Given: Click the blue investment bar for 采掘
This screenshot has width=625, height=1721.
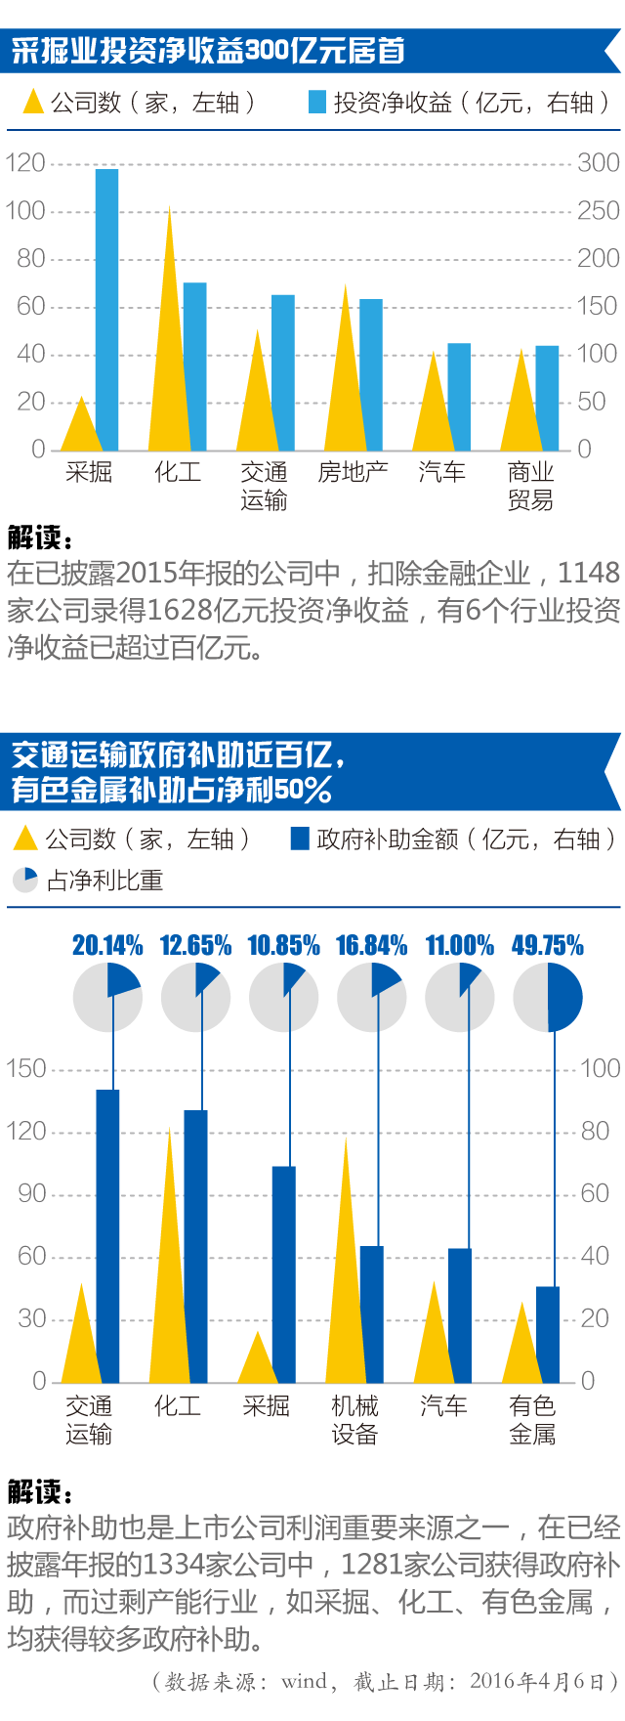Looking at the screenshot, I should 106,309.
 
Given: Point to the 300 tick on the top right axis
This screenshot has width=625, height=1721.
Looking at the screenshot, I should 598,163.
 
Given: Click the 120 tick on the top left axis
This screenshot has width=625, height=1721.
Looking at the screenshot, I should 25,163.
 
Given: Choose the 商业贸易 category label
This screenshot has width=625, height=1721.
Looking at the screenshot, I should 530,486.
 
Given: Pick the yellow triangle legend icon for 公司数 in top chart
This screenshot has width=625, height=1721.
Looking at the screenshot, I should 33,102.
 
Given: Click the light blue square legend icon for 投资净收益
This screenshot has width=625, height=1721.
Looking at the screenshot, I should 317,102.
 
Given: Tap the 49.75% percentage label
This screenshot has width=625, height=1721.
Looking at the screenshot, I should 547,945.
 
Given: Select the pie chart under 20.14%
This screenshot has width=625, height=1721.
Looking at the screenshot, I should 107,998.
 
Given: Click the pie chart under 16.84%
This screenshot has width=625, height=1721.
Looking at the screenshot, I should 371,998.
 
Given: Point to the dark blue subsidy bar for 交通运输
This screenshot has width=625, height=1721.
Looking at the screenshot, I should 107,1235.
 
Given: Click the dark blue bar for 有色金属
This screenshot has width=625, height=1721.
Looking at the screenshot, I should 548,1334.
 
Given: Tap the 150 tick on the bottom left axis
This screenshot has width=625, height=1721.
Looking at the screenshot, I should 26,1069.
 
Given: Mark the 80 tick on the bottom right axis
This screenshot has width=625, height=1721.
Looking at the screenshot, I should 595,1132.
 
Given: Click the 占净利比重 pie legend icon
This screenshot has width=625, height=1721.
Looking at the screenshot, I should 25,880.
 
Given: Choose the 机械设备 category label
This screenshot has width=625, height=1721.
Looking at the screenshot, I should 354,1420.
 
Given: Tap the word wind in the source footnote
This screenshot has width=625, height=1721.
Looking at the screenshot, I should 304,1681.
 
